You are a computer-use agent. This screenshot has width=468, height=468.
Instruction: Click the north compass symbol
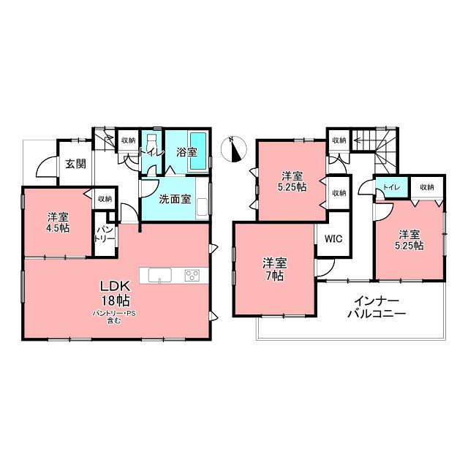234,149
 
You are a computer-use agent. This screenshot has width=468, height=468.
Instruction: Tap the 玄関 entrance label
76,164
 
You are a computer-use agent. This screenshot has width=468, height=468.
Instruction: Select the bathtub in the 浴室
198,151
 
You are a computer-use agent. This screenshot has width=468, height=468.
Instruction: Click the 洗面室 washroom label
175,199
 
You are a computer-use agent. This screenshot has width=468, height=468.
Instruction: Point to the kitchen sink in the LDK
160,275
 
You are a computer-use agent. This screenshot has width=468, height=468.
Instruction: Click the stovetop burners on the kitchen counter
192,275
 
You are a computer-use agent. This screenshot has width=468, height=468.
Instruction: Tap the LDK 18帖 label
115,294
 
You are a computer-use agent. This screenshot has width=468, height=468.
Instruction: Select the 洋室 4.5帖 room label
58,222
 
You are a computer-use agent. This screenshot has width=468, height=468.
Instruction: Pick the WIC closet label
333,239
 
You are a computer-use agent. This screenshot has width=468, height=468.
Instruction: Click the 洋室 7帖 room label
275,270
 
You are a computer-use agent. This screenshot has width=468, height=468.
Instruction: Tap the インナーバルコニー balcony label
377,307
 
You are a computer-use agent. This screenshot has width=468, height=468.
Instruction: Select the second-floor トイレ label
391,187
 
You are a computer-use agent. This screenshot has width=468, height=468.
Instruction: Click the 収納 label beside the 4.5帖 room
105,198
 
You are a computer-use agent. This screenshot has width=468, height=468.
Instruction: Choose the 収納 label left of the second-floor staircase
339,140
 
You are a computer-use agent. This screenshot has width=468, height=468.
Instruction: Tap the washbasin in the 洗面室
202,206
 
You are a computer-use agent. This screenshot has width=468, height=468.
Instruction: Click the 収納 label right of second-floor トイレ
427,187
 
